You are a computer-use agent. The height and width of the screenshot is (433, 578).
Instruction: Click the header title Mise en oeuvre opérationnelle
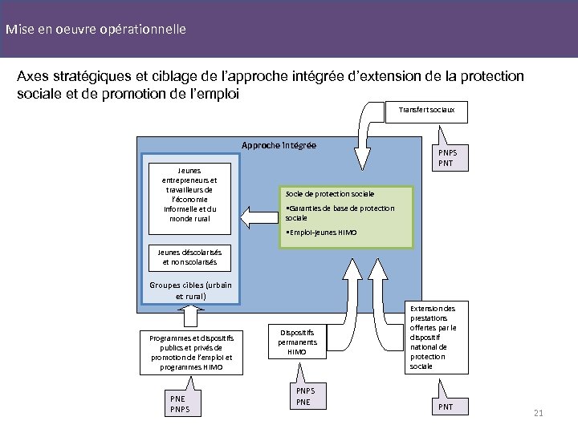tap(96, 30)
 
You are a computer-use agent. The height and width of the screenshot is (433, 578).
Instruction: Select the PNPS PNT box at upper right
tap(444, 158)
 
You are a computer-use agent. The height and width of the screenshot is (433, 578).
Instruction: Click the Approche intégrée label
tap(279, 145)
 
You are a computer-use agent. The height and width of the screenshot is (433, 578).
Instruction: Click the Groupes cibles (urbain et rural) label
tap(190, 290)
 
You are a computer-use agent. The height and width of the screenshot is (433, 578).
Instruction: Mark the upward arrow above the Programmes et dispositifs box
tap(189, 317)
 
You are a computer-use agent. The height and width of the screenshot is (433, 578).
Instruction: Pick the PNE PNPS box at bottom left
tap(181, 403)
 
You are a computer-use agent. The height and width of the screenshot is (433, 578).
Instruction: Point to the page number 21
tap(538, 413)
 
